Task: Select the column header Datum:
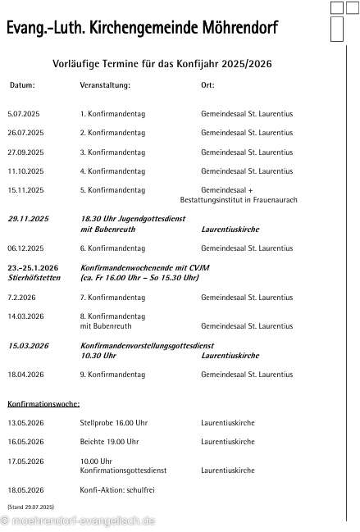pyautogui.click(x=22, y=85)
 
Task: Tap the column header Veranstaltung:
pyautogui.click(x=105, y=85)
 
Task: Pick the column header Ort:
pyautogui.click(x=207, y=85)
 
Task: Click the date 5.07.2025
pyautogui.click(x=24, y=114)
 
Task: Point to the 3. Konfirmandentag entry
pyautogui.click(x=112, y=152)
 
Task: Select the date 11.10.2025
pyautogui.click(x=25, y=171)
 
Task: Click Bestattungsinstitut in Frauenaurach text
pyautogui.click(x=239, y=200)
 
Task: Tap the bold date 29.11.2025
pyautogui.click(x=29, y=219)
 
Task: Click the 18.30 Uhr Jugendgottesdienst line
pyautogui.click(x=133, y=219)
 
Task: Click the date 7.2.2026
pyautogui.click(x=21, y=297)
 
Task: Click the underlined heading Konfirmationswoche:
pyautogui.click(x=43, y=404)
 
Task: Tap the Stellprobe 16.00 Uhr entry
pyautogui.click(x=113, y=423)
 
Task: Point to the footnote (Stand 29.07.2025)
pyautogui.click(x=30, y=507)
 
